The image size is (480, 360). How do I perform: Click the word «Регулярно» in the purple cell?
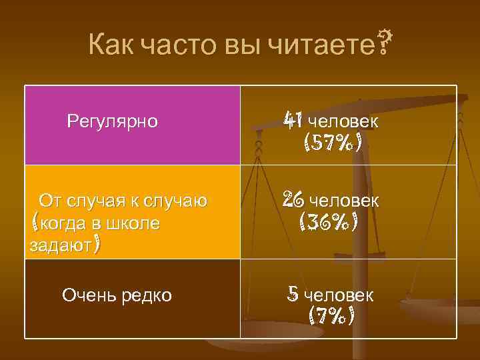click(113, 122)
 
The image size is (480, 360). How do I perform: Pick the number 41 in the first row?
click(293, 121)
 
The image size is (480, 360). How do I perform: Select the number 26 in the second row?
click(293, 199)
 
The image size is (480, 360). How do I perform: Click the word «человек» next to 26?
click(345, 200)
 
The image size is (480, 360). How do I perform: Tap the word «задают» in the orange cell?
click(61, 246)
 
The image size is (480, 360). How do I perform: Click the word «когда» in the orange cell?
click(63, 223)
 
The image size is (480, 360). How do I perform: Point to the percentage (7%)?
click(331, 314)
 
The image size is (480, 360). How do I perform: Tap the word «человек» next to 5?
click(339, 295)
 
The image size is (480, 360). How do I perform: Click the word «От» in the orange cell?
click(49, 200)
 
